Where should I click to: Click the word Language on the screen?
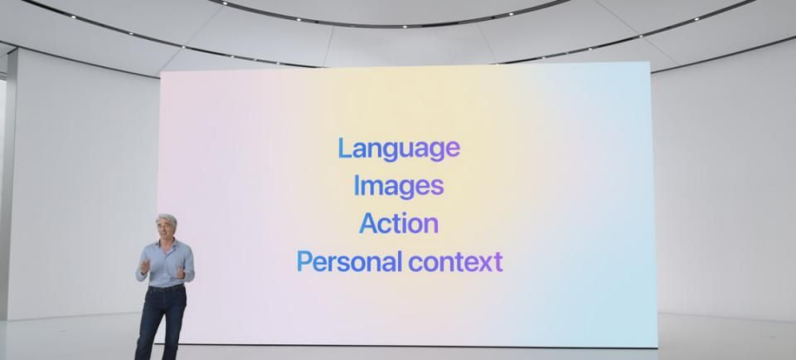click(398, 148)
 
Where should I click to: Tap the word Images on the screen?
click(398, 186)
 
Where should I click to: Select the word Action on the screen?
click(398, 223)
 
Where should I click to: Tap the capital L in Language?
click(344, 148)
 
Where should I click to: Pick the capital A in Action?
click(368, 223)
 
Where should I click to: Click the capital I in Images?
click(357, 185)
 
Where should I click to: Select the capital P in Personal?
click(304, 262)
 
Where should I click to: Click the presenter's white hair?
click(166, 220)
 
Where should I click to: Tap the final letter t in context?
click(498, 262)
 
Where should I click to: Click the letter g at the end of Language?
click(434, 151)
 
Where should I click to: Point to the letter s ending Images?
click(438, 187)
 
